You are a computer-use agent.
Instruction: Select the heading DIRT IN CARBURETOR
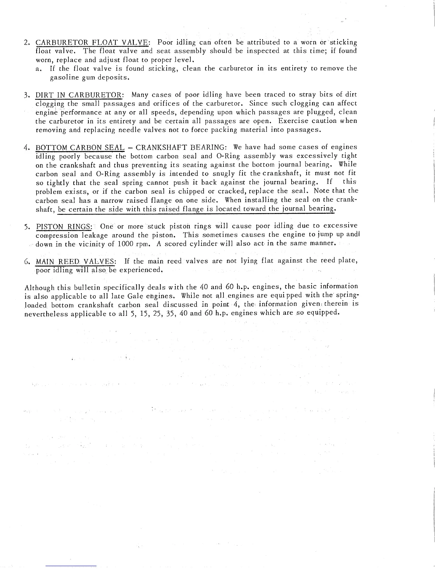(x=79, y=95)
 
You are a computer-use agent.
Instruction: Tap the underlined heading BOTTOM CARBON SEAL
(x=80, y=148)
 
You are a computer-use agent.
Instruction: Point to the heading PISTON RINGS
(x=64, y=227)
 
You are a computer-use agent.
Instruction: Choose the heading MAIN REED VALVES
(x=75, y=261)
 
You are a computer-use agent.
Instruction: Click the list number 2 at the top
(x=27, y=42)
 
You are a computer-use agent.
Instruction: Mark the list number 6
(x=27, y=261)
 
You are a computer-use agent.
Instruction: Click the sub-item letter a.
(x=38, y=69)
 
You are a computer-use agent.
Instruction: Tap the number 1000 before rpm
(x=126, y=244)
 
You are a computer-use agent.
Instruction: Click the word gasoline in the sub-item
(x=64, y=77)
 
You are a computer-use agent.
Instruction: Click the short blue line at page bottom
(x=71, y=566)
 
